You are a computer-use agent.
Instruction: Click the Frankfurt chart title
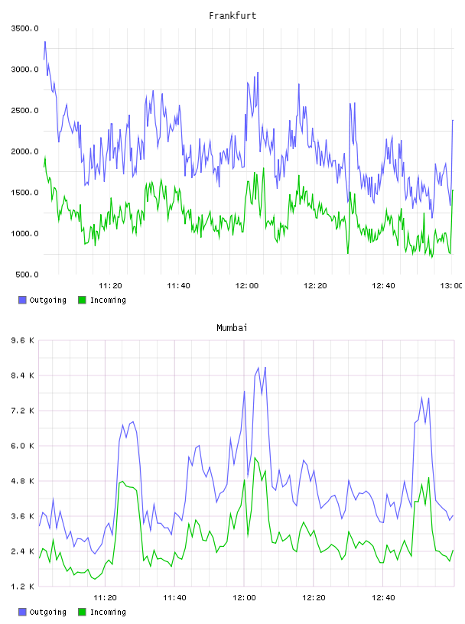[232, 16]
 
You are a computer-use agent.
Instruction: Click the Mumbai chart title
[232, 328]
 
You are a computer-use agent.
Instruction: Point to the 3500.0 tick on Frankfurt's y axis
[24, 28]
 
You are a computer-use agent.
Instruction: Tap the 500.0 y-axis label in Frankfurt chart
[27, 275]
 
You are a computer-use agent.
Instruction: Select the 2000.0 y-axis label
[24, 151]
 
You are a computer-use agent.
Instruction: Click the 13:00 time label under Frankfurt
[451, 286]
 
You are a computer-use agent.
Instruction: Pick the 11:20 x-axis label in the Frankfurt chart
[110, 286]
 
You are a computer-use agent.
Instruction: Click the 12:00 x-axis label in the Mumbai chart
[244, 598]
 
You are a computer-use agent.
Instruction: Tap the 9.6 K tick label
[23, 340]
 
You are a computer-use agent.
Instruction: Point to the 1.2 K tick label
[23, 587]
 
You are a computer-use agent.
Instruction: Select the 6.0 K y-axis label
[23, 446]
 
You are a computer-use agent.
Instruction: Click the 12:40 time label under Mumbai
[383, 598]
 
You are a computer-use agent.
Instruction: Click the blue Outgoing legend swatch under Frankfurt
[22, 300]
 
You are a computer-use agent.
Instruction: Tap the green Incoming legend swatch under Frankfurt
[82, 300]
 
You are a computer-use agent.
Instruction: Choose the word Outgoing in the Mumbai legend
[47, 612]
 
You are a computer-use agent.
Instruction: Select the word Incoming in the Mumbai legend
[108, 612]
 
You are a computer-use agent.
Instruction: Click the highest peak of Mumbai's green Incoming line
[255, 458]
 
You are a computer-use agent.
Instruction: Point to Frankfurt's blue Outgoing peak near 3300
[45, 41]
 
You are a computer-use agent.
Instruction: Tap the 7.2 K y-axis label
[23, 411]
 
